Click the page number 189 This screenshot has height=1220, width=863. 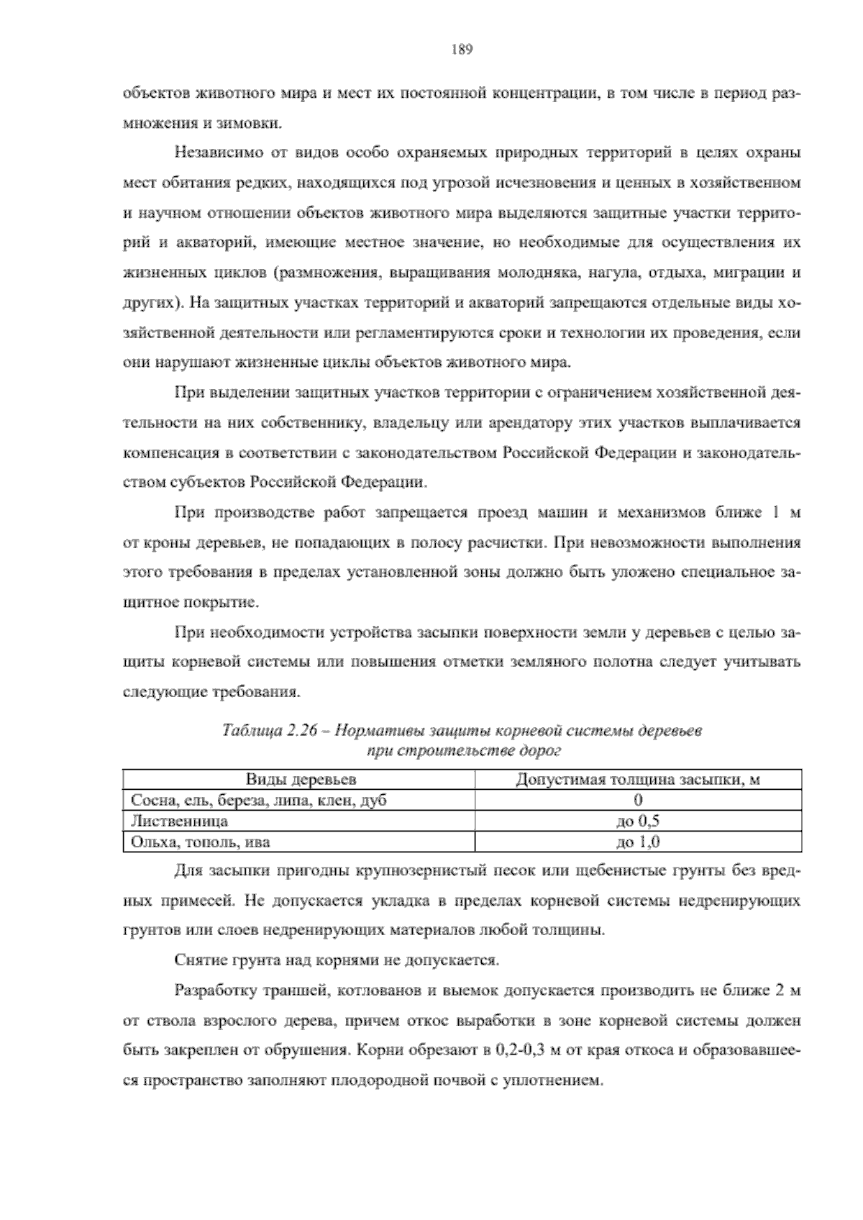tap(461, 50)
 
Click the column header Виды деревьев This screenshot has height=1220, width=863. tap(301, 780)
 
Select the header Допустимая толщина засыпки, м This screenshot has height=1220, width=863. tap(638, 780)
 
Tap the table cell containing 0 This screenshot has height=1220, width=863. tap(638, 800)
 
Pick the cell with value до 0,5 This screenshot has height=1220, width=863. tap(638, 821)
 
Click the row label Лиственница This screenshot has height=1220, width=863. tap(179, 821)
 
